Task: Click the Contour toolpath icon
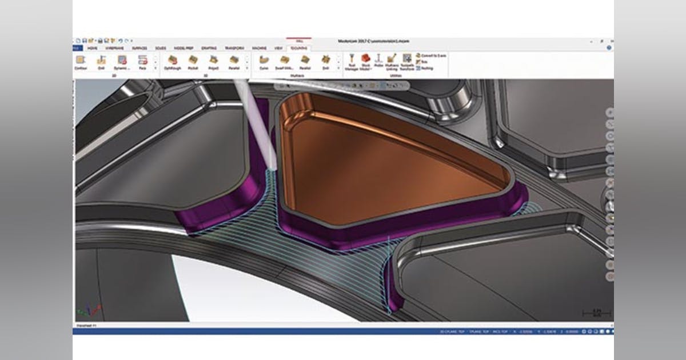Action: coord(81,61)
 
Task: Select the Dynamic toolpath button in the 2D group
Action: coord(122,61)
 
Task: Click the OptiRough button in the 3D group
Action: coord(171,61)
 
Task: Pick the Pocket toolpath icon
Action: coord(193,61)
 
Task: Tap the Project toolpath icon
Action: coord(213,61)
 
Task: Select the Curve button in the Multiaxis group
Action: coord(264,61)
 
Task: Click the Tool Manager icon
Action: coord(352,61)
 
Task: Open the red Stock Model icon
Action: coord(365,60)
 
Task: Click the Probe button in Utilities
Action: coord(378,60)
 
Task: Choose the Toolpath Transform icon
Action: coord(407,61)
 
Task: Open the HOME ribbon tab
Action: coord(93,49)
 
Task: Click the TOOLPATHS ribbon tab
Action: coord(298,49)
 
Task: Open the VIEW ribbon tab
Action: coord(278,49)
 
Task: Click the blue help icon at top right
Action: coord(609,48)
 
